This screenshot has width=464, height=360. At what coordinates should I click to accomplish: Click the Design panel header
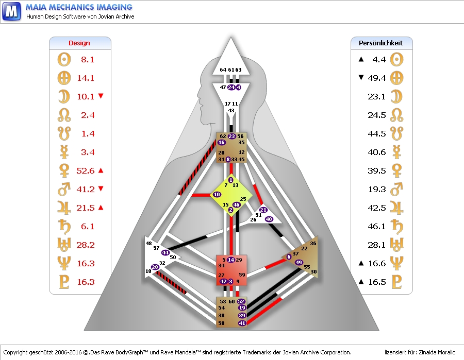(79, 43)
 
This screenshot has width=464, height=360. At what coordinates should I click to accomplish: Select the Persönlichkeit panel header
(381, 43)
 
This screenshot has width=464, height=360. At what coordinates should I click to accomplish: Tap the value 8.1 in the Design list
(88, 60)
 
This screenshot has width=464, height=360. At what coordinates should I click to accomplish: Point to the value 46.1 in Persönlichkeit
(376, 227)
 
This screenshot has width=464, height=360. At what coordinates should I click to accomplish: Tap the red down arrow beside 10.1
(101, 96)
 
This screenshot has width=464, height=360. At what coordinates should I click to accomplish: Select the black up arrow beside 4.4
(361, 60)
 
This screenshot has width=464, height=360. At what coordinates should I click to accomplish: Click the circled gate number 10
(217, 194)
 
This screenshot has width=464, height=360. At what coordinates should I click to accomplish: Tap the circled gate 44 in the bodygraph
(165, 252)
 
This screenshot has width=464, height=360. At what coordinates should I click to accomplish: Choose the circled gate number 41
(242, 323)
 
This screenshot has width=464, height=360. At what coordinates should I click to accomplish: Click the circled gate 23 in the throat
(232, 136)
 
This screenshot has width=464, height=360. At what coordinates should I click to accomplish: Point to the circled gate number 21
(263, 210)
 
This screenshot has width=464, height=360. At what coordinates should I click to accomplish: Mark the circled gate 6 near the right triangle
(289, 256)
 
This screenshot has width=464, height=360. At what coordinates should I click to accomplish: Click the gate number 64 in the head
(223, 70)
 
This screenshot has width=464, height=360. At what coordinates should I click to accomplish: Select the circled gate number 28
(155, 267)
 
